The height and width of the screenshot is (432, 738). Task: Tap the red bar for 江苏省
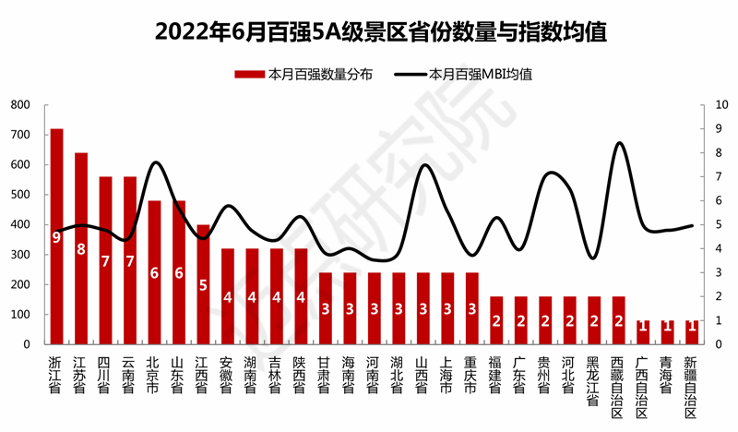[x=81, y=248]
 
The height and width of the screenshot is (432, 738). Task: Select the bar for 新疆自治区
[x=692, y=332]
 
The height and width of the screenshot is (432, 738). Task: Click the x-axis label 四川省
[x=105, y=370]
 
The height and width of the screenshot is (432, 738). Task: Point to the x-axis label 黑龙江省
[x=594, y=377]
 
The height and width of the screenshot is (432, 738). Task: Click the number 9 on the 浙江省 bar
[x=56, y=237]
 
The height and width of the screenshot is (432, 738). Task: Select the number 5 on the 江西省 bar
[x=203, y=285]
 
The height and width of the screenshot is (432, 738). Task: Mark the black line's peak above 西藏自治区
[x=619, y=143]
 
